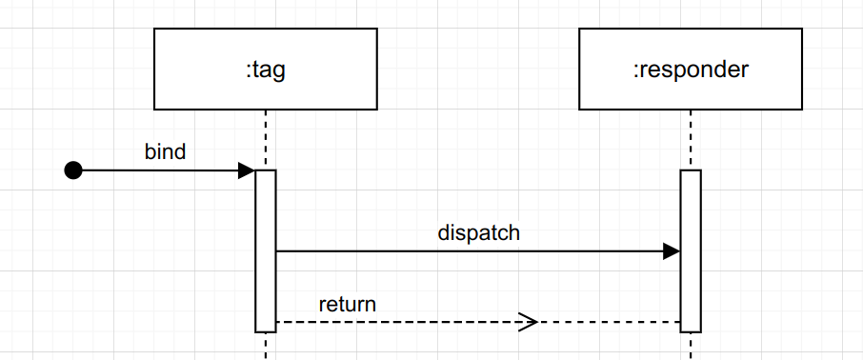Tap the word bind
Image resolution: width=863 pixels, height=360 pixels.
(165, 151)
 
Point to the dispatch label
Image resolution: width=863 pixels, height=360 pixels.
(478, 232)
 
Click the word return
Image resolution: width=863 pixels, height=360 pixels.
(347, 305)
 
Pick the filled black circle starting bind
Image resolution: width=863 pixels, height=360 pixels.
(73, 170)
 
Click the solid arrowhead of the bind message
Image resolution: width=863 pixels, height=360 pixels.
(247, 170)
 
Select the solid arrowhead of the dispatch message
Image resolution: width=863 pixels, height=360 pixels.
(672, 251)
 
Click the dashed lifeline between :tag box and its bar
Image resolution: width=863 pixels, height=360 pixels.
(265, 139)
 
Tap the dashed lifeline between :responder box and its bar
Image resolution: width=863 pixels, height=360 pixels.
(691, 139)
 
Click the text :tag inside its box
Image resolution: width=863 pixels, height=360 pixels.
(265, 70)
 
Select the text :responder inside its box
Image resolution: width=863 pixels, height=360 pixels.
(691, 70)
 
